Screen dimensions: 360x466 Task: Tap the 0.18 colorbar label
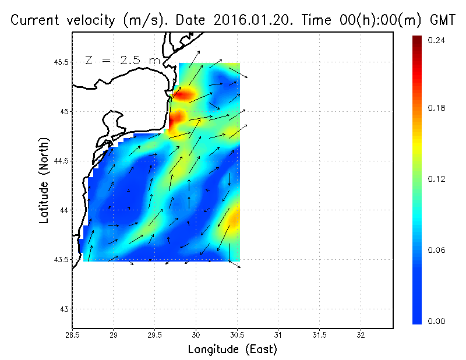click(x=436, y=108)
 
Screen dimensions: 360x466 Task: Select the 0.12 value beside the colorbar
click(x=436, y=179)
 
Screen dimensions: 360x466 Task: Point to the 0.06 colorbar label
click(x=436, y=250)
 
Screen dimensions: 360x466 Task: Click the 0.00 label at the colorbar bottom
click(x=436, y=321)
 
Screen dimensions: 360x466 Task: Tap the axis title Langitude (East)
click(x=232, y=350)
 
